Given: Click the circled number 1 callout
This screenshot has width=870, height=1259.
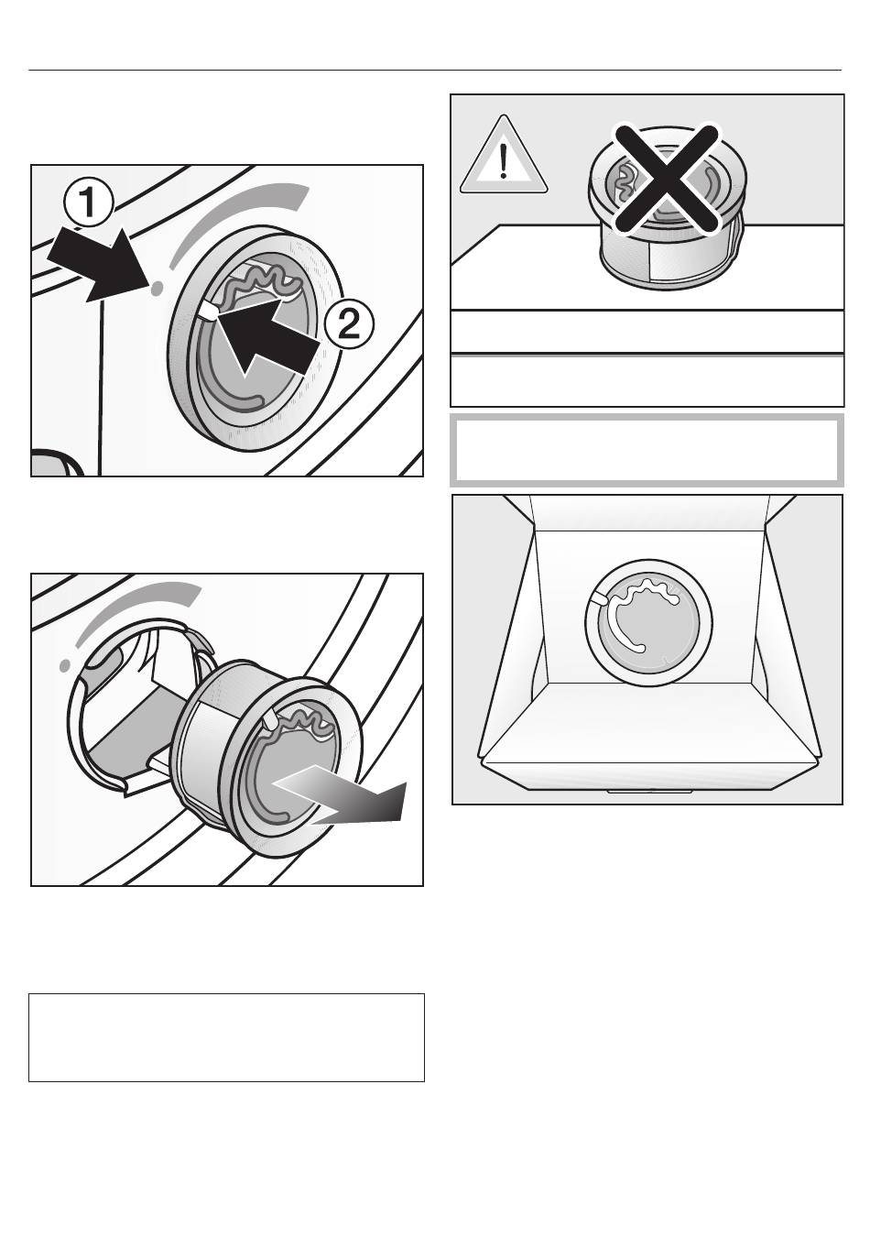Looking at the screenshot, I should pyautogui.click(x=89, y=204).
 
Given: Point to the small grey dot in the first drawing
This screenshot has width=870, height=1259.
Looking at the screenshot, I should pyautogui.click(x=156, y=288).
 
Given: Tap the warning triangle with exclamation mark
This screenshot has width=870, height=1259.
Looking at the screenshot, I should pyautogui.click(x=503, y=158).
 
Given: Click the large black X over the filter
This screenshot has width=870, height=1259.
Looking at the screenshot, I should pyautogui.click(x=665, y=179).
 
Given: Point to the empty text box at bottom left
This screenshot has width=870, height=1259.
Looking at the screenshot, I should pyautogui.click(x=226, y=1037).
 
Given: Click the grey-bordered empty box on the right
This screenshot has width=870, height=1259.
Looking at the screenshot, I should pyautogui.click(x=646, y=450).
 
